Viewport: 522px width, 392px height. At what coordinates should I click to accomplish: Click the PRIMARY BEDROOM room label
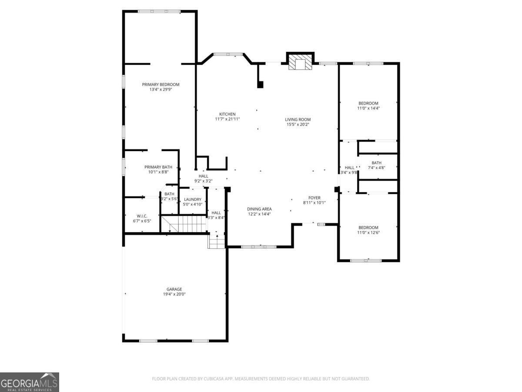[161, 84]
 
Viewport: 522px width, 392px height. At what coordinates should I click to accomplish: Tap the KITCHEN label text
[228, 114]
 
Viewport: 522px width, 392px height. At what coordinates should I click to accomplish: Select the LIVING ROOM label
[298, 119]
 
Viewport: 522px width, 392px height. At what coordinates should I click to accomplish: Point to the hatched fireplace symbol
[300, 62]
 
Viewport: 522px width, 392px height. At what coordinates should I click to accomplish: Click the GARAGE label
[174, 289]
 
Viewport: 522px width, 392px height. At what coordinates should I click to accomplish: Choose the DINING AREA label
[259, 209]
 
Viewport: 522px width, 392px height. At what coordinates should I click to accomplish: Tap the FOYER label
[314, 198]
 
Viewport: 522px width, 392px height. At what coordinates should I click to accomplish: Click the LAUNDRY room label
[193, 199]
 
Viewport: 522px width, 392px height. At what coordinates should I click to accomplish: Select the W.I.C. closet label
[142, 216]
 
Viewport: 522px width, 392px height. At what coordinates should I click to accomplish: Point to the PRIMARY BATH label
[158, 167]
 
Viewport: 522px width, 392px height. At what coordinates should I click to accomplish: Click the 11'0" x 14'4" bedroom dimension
[368, 108]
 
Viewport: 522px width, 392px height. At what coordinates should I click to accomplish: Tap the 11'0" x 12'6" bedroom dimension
[368, 233]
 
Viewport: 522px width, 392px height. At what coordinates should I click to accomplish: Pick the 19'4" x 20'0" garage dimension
[174, 294]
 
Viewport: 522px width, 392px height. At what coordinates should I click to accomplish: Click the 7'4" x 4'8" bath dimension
[376, 168]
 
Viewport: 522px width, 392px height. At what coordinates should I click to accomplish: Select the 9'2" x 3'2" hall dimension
[203, 181]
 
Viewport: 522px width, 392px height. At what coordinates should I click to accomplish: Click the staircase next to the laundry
[184, 224]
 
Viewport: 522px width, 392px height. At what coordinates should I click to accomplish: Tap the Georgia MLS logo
[30, 382]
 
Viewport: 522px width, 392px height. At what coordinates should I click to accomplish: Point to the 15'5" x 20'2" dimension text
[298, 125]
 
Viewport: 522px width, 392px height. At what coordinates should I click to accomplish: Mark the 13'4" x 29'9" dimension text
[161, 89]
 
